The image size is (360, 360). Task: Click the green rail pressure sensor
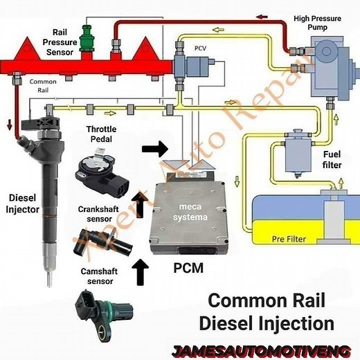click(x=87, y=38)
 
